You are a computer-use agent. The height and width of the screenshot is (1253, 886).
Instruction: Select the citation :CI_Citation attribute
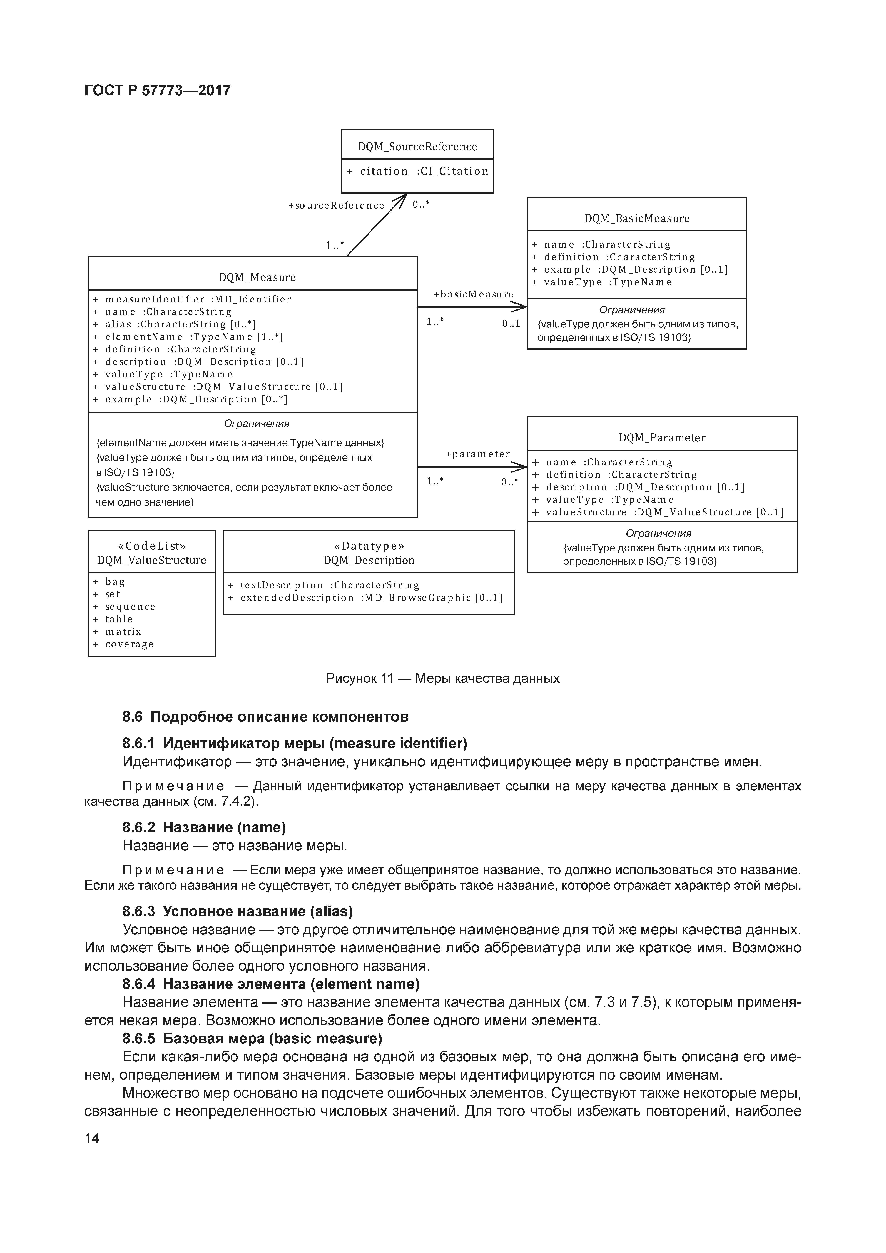tap(418, 171)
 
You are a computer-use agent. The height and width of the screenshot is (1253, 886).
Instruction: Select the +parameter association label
tap(477, 454)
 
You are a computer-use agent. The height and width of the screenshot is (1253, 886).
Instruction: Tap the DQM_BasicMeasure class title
tap(636, 218)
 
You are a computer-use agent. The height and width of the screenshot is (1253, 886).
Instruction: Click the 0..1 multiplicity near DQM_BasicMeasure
tap(511, 324)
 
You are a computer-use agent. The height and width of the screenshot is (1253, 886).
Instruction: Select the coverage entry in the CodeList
tap(129, 644)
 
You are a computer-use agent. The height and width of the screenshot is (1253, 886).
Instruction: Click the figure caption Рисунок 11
tap(443, 678)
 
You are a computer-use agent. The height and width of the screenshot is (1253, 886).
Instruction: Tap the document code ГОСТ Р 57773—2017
tap(158, 90)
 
